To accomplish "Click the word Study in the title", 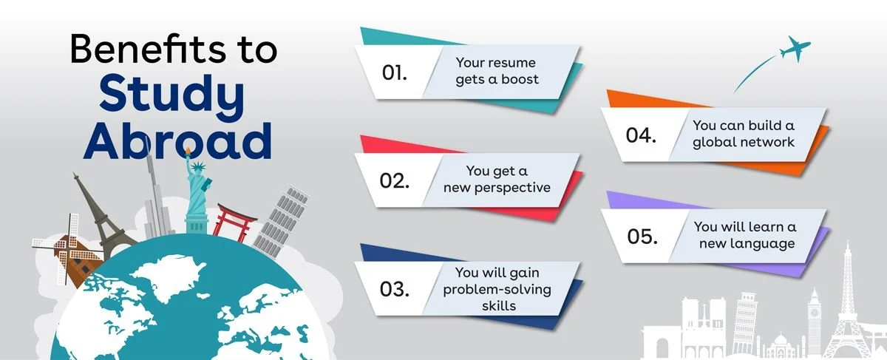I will pyautogui.click(x=171, y=95).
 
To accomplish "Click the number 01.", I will pyautogui.click(x=395, y=72).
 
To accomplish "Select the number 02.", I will pyautogui.click(x=395, y=180).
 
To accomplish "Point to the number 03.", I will pyautogui.click(x=395, y=288).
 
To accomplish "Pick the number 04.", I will pyautogui.click(x=641, y=135).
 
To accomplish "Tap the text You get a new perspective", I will pyautogui.click(x=497, y=179).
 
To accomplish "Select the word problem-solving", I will pyautogui.click(x=497, y=288).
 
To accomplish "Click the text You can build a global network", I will pyautogui.click(x=744, y=134).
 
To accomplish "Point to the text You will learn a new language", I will pyautogui.click(x=744, y=235).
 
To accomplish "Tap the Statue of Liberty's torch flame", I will pyautogui.click(x=188, y=152).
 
